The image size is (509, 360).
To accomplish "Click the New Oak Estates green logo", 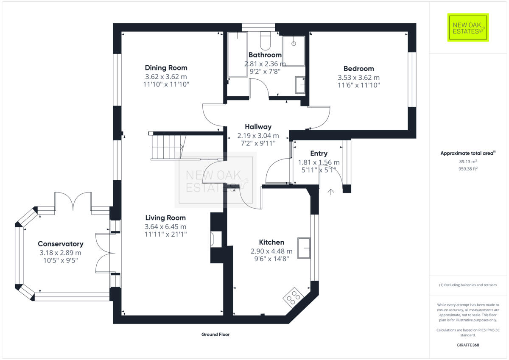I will (x=468, y=28).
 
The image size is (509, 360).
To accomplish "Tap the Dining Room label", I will (x=166, y=68).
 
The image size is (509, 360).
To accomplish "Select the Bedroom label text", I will (x=358, y=69).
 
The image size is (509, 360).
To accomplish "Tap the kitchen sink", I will (x=303, y=248).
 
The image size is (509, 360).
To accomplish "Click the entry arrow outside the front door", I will (x=331, y=192).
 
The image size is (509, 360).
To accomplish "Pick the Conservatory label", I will (x=60, y=244).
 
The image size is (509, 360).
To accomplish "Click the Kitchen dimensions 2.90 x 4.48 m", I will (x=271, y=251).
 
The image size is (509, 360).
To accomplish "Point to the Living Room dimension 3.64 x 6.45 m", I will (x=165, y=226).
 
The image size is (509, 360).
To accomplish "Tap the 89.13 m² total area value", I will (x=468, y=162).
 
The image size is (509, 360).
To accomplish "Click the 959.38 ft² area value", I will (x=468, y=168).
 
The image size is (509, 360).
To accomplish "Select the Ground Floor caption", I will (x=215, y=335).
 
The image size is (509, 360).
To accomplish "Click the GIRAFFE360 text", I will (x=468, y=345).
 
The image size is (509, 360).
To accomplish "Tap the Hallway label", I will (x=258, y=127).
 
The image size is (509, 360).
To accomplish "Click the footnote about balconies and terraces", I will (x=468, y=285).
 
